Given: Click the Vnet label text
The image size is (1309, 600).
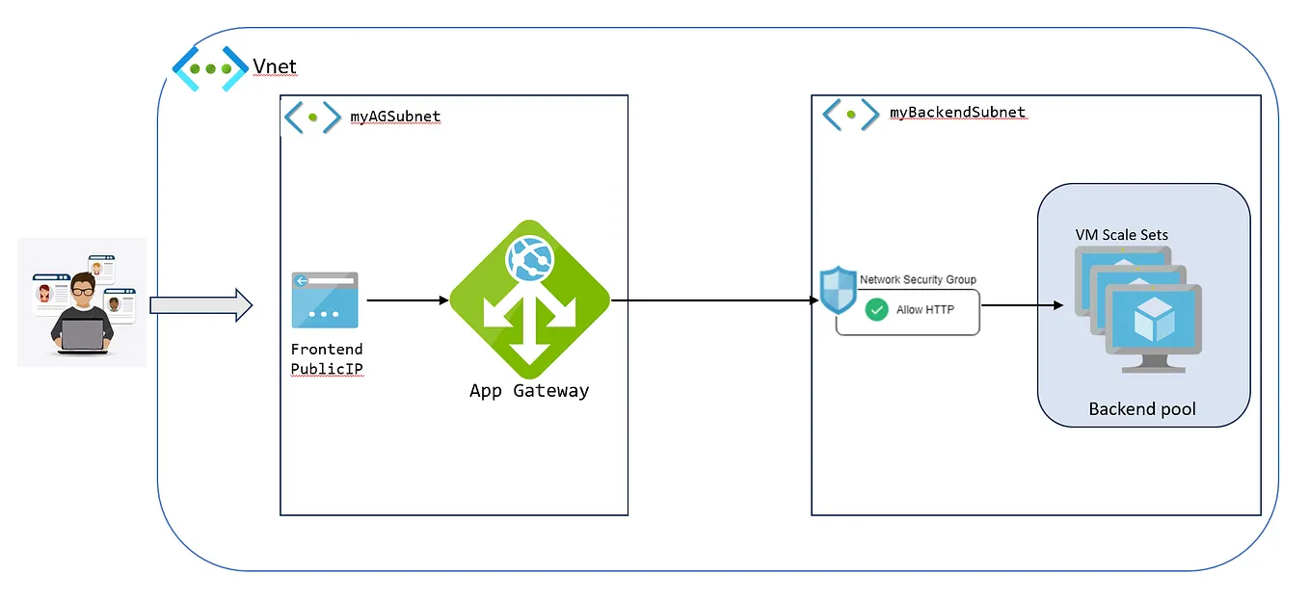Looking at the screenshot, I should [275, 66].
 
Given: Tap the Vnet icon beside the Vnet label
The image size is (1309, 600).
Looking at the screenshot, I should [209, 68].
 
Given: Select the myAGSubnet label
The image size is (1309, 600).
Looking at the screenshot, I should [395, 117].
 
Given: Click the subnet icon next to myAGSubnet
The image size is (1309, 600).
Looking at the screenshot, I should [312, 117].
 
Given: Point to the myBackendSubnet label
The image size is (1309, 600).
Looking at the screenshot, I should [957, 113].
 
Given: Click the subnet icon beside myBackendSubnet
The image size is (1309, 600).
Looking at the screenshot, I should [850, 114].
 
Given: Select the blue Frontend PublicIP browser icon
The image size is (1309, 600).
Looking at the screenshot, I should [324, 300].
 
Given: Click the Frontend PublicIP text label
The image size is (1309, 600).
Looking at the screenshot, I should [327, 359].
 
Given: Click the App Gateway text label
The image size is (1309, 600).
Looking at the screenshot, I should [528, 391].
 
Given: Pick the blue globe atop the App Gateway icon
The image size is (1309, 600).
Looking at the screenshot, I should [528, 254].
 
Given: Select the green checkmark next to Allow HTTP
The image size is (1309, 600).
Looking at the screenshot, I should [876, 310].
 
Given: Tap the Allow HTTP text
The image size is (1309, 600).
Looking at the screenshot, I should [924, 310].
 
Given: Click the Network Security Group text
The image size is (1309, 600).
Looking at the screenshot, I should [918, 279].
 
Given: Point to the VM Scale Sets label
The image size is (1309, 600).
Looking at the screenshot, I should [1121, 235].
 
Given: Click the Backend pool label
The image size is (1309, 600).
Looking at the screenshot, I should [1142, 409].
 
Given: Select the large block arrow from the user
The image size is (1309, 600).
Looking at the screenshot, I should [200, 306].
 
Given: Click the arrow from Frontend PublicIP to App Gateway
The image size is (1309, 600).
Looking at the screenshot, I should [408, 300].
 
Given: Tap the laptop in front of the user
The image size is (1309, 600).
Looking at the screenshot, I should [82, 335].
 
